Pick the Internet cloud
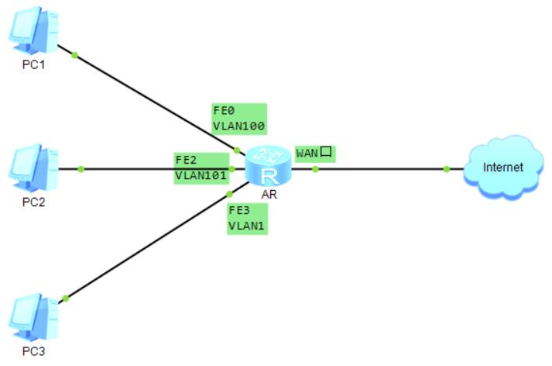[x=502, y=167]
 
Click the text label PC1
[x=33, y=64]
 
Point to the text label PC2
[x=33, y=203]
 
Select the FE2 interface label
[x=186, y=160]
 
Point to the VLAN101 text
[x=201, y=175]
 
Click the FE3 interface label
[x=238, y=209]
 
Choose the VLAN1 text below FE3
[x=246, y=226]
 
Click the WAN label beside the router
[x=307, y=152]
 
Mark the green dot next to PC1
[x=75, y=54]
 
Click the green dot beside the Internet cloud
[x=447, y=169]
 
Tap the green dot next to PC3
[x=67, y=299]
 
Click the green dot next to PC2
[x=81, y=169]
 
